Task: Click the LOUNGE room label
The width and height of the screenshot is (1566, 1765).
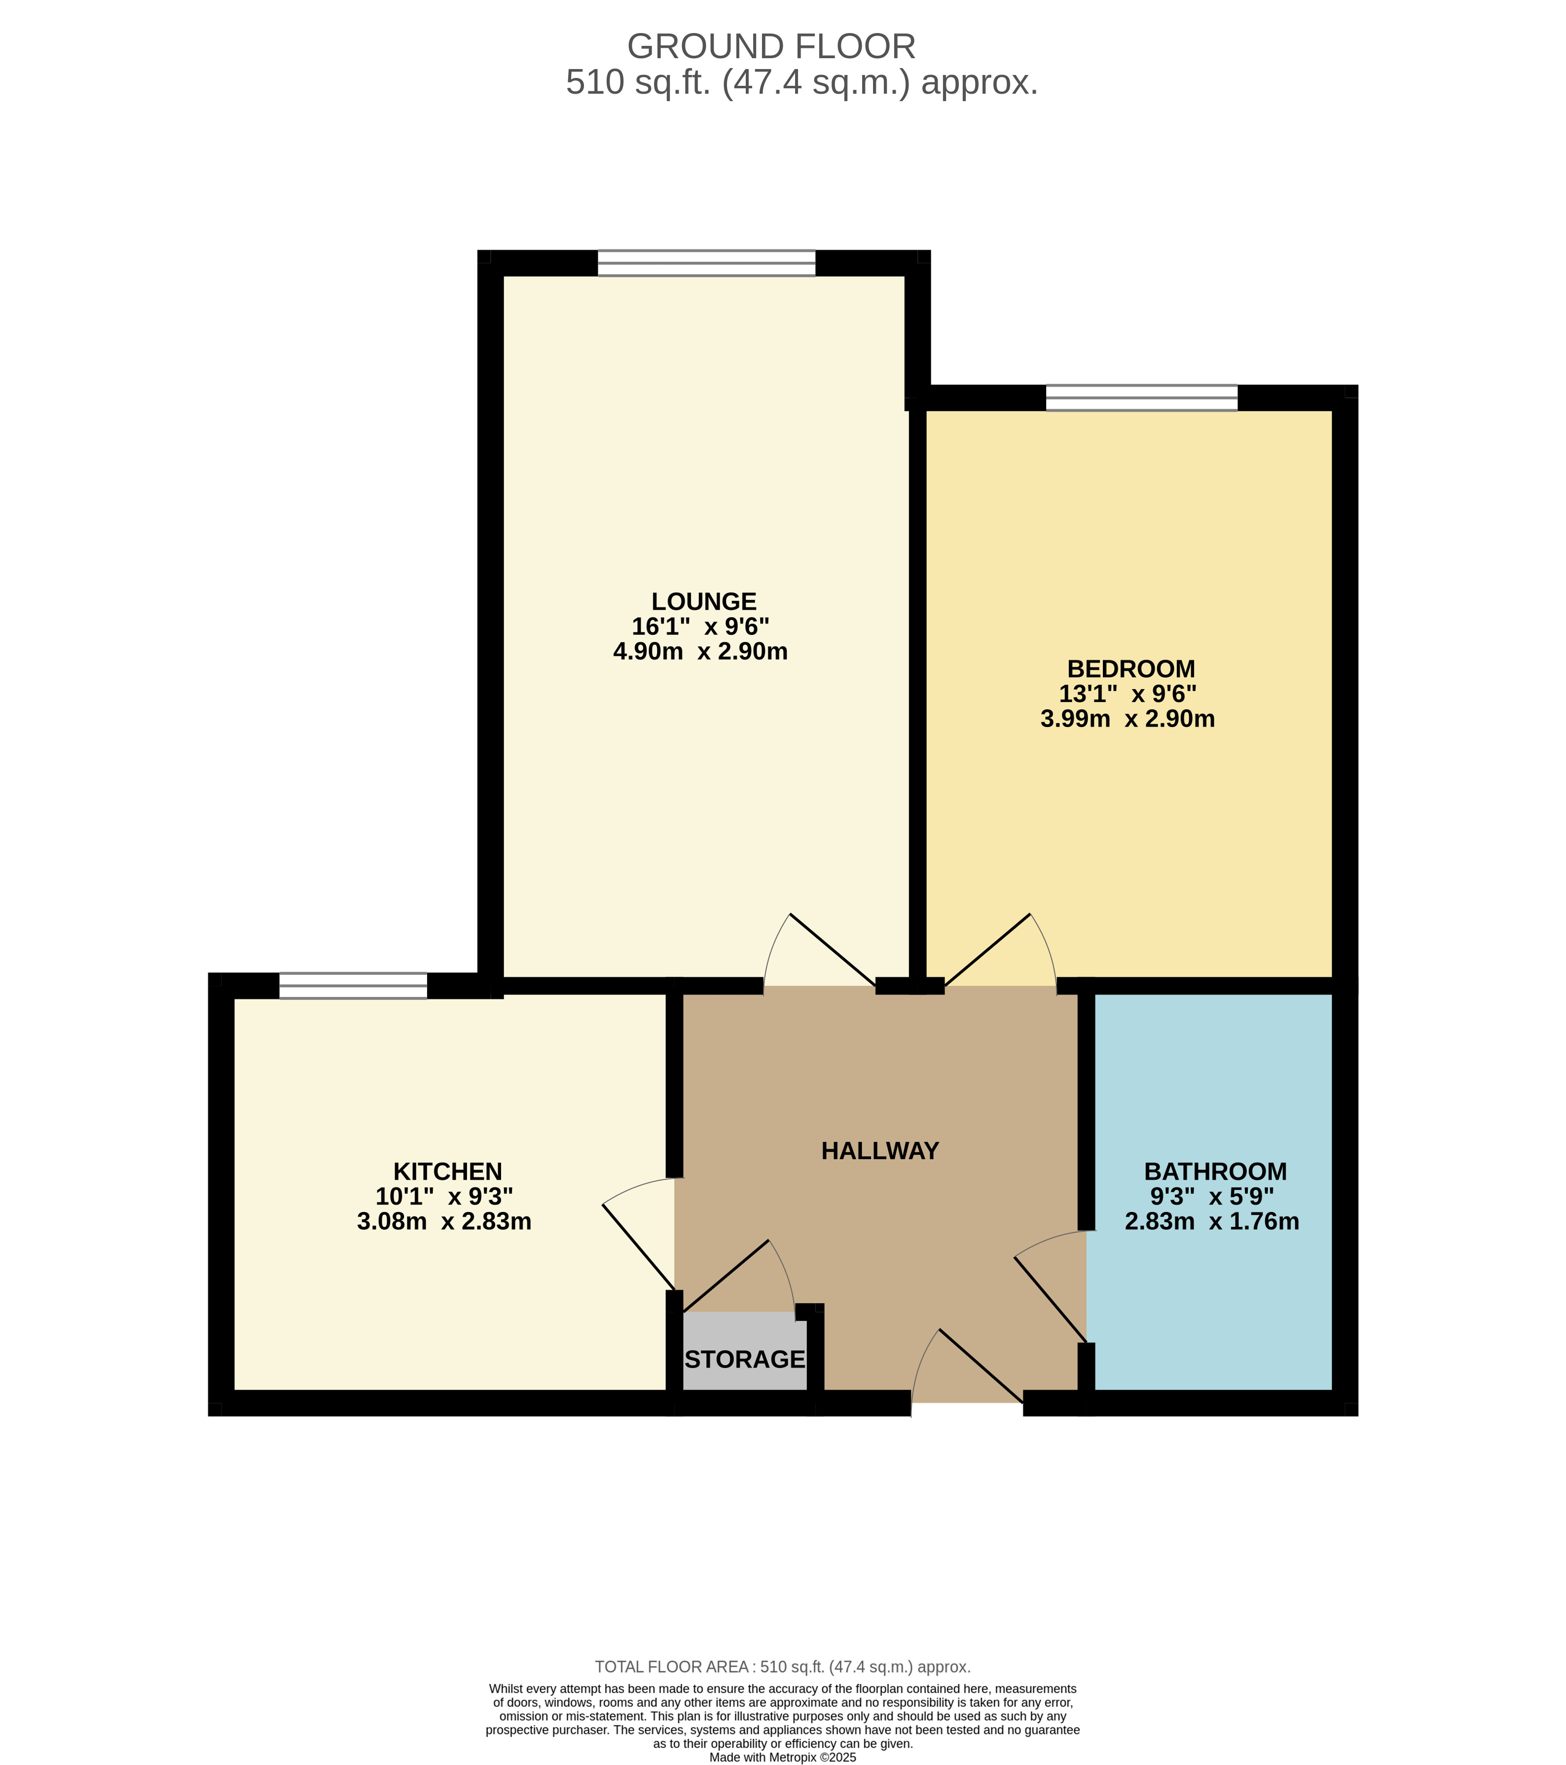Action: [x=703, y=601]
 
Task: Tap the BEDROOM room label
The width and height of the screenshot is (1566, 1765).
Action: [x=1131, y=668]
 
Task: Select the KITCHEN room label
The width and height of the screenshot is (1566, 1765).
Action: [x=447, y=1171]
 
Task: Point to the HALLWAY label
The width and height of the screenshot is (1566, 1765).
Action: [x=880, y=1150]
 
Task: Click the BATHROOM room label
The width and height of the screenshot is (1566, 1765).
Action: [x=1215, y=1171]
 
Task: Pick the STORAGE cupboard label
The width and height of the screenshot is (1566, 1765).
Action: [x=745, y=1359]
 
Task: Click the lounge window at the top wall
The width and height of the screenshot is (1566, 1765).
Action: [x=706, y=262]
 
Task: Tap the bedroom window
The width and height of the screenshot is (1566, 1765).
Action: [x=1141, y=397]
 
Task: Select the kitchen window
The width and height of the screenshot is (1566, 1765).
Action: [x=353, y=985]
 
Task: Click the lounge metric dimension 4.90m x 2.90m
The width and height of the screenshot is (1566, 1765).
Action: [x=700, y=651]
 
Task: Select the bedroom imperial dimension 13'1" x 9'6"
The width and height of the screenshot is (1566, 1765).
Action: [x=1128, y=694]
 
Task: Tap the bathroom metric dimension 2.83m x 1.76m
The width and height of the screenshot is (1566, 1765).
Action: [x=1212, y=1221]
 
